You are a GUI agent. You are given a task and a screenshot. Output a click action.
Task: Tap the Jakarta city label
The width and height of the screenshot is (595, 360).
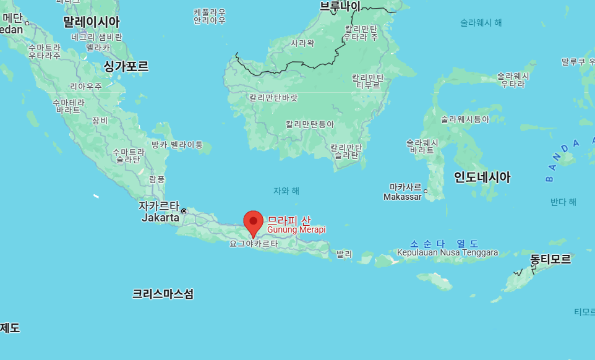pos(160,218)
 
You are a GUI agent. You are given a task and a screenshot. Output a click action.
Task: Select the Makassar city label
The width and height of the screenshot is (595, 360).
pos(402,197)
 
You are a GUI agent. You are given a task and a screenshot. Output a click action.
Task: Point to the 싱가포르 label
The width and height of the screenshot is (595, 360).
pos(126,66)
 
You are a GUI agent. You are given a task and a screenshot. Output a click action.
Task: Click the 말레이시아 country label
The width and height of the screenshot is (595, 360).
pos(91,22)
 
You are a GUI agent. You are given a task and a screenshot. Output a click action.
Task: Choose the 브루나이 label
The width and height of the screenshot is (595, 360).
pos(340,6)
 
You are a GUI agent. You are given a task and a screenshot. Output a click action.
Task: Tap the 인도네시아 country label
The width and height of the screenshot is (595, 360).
pos(482,178)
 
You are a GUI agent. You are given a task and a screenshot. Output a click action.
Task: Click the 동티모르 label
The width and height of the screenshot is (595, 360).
pos(550,259)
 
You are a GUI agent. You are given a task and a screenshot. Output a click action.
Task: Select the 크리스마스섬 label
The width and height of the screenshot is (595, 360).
pos(163,294)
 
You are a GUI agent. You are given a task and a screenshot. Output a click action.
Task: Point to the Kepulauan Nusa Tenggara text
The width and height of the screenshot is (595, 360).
pos(447,252)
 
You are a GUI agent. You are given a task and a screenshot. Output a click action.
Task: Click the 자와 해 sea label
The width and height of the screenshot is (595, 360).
pos(286,191)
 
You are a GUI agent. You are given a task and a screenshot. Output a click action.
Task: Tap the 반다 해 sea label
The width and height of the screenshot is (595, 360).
pos(563,202)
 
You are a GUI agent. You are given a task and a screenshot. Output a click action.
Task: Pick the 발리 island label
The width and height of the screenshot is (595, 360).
pos(344,254)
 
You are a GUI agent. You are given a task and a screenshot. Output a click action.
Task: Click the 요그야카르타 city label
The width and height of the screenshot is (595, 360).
pos(254,244)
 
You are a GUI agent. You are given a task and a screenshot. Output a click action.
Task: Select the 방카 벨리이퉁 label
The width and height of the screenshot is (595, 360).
pos(177,145)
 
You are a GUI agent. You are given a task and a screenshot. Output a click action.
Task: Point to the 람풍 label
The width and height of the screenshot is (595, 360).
pos(157,179)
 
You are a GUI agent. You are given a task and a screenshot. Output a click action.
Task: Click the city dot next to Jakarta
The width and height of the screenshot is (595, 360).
pos(184,211)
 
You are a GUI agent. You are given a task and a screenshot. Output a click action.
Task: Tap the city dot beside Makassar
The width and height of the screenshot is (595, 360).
pos(426,191)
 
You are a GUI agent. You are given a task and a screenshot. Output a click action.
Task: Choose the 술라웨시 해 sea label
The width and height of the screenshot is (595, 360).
pos(481,22)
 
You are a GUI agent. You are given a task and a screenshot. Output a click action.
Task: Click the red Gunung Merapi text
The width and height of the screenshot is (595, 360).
pos(296,229)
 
